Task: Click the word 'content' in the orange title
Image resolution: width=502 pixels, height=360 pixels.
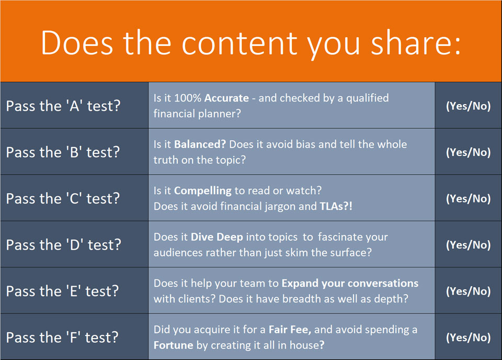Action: click(x=240, y=43)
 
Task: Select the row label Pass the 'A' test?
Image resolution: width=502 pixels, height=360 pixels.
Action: click(x=63, y=106)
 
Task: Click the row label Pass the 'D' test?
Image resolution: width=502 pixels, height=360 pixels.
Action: click(x=63, y=245)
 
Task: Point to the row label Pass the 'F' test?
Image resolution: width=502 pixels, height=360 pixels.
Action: click(x=62, y=337)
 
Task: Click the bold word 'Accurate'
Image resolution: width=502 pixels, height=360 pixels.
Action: click(x=226, y=98)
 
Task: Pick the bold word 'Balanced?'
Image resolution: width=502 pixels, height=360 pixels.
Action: click(x=200, y=144)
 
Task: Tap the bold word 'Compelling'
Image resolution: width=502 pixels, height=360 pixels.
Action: click(x=203, y=191)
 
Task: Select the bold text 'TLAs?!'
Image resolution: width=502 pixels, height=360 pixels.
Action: click(x=336, y=206)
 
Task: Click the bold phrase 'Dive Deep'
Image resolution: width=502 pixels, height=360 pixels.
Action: click(x=216, y=237)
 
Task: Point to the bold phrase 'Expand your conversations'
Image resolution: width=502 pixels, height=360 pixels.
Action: click(x=350, y=284)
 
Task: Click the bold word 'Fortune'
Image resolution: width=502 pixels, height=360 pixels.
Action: click(x=173, y=345)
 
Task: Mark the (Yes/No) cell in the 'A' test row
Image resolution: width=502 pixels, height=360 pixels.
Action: click(x=469, y=106)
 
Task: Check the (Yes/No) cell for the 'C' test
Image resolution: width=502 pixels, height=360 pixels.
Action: click(x=469, y=199)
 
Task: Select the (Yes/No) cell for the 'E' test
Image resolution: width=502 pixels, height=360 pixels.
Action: click(x=469, y=291)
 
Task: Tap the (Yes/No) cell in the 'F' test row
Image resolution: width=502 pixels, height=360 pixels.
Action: click(x=469, y=337)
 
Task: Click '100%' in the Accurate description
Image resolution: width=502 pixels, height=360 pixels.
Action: click(x=188, y=98)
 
